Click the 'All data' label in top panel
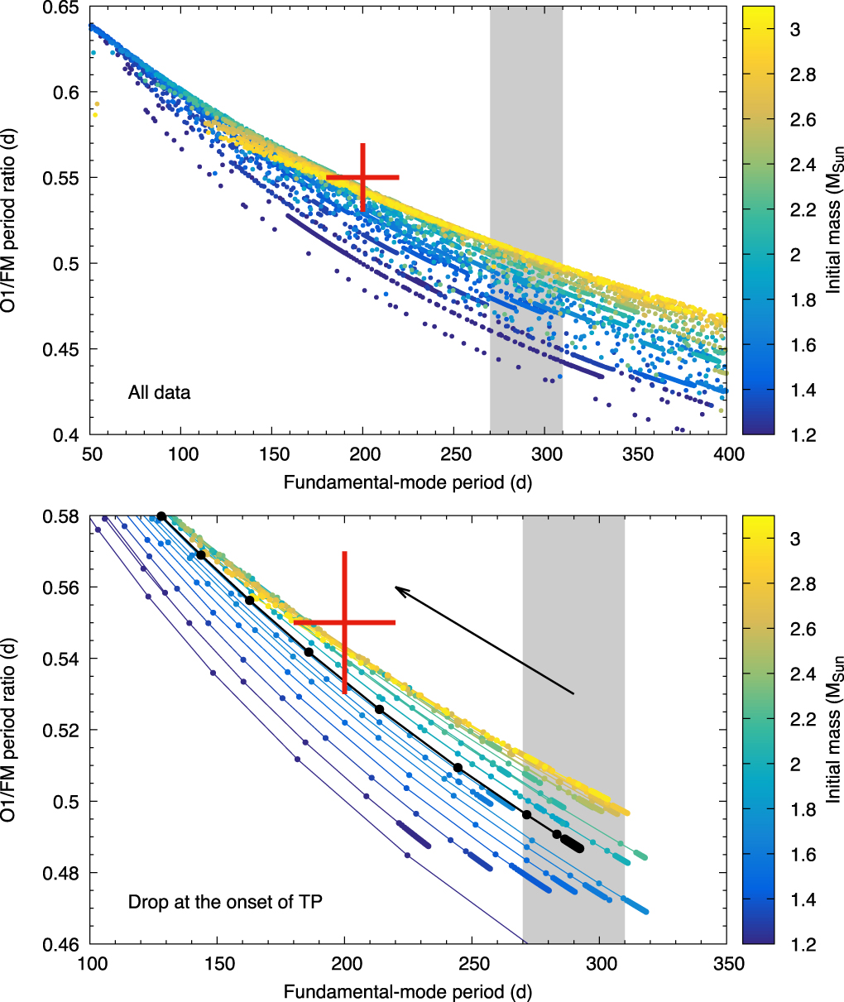coord(159,392)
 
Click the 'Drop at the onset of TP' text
coord(225,902)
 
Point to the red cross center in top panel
coord(362,177)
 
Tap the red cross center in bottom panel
coord(344,622)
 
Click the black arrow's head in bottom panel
coord(396,587)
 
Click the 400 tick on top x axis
coord(727,454)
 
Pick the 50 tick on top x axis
coord(91,454)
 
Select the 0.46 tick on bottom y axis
coord(64,944)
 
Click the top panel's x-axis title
coord(408,482)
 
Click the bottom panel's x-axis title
coord(408,991)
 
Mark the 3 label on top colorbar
coord(795,30)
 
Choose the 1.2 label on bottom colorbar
coord(799,944)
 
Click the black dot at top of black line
coord(161,516)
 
